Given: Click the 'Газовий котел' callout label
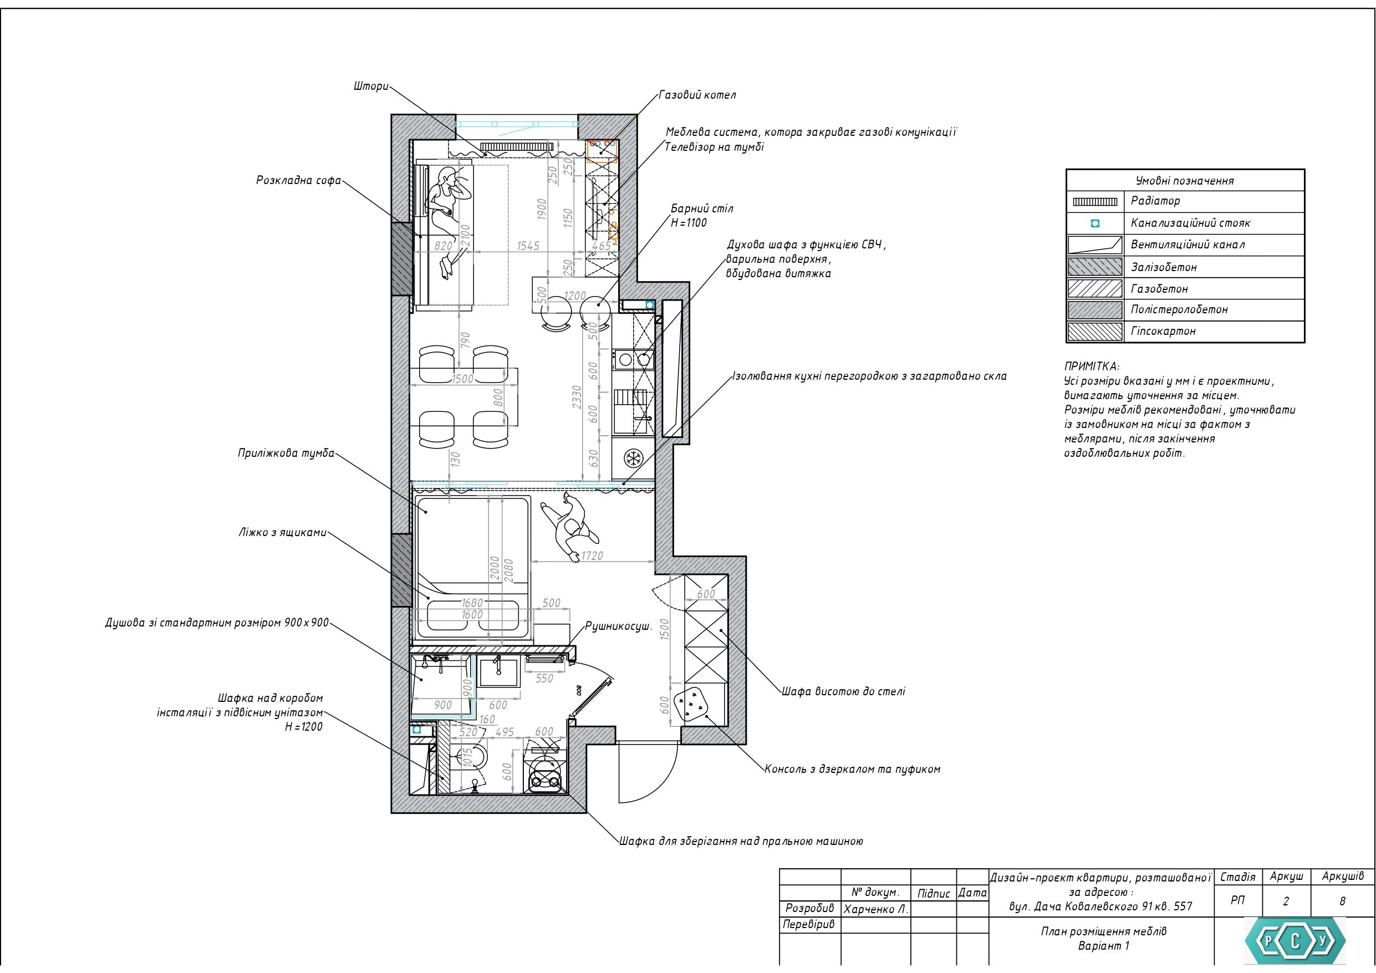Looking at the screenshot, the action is (697, 95).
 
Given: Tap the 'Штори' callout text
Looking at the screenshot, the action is (371, 86).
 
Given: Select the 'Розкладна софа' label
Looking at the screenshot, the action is (298, 180).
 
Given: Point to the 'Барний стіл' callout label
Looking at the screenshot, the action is (702, 208).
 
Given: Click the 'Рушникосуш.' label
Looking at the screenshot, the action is (618, 626).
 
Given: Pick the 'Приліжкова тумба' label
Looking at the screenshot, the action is (286, 453).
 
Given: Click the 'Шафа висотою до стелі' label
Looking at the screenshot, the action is (843, 691).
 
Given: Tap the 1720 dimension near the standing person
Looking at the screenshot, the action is (592, 556).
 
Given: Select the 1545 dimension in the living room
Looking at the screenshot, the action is (528, 246).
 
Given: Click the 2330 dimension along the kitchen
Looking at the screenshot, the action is (577, 398).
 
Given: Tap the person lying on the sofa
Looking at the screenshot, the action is (450, 222).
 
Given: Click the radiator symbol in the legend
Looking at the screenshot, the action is (1095, 202).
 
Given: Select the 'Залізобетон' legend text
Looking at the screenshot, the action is (1164, 267).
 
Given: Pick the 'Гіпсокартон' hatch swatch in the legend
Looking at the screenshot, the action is (1095, 332).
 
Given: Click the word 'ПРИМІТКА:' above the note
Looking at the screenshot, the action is (1092, 366).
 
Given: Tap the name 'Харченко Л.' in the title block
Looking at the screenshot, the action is (876, 909).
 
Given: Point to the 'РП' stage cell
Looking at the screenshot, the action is (1237, 900).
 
